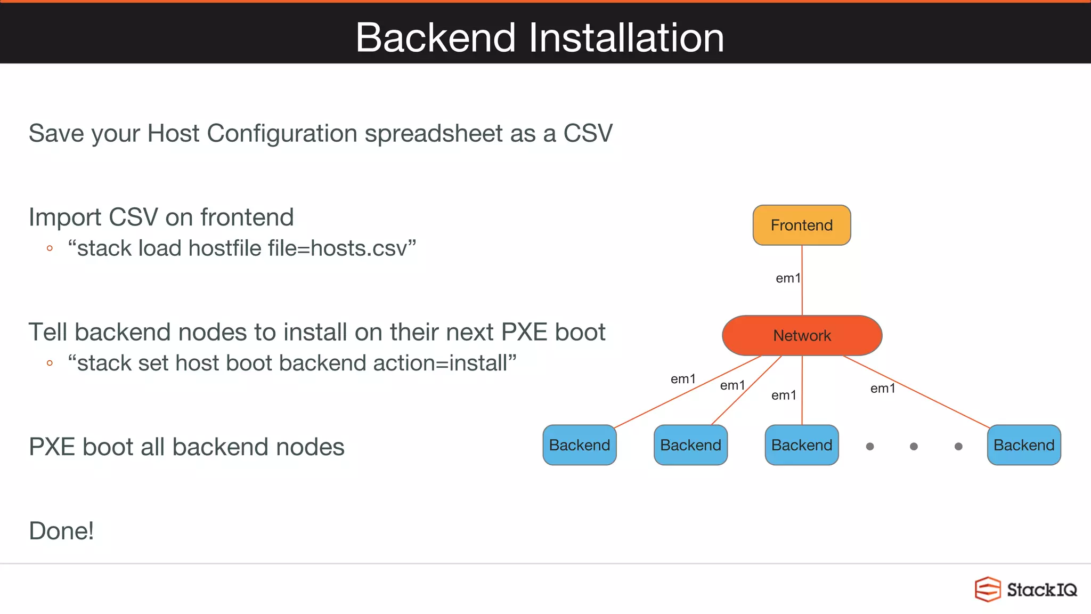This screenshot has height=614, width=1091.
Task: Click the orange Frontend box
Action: pyautogui.click(x=801, y=225)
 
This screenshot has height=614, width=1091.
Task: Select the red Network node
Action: pyautogui.click(x=802, y=335)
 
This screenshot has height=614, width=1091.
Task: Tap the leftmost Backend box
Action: pyautogui.click(x=580, y=445)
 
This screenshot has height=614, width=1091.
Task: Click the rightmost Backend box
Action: pyautogui.click(x=1023, y=445)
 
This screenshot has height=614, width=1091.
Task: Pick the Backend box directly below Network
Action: pyautogui.click(x=801, y=445)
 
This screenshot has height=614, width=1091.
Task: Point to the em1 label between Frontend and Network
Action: pyautogui.click(x=787, y=278)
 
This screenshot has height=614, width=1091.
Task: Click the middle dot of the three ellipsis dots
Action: pyautogui.click(x=914, y=447)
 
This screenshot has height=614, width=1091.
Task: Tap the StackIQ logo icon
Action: pyautogui.click(x=987, y=589)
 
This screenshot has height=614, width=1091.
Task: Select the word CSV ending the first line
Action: pyautogui.click(x=588, y=133)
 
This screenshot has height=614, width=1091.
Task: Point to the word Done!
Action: pyautogui.click(x=61, y=531)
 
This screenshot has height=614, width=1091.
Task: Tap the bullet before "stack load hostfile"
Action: pyautogui.click(x=50, y=248)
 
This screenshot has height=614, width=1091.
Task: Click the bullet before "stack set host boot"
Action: pyautogui.click(x=50, y=363)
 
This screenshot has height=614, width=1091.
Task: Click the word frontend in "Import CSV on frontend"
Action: pyautogui.click(x=247, y=217)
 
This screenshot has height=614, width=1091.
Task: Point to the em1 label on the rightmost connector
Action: pyautogui.click(x=882, y=389)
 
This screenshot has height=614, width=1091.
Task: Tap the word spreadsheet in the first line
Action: pyautogui.click(x=433, y=133)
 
